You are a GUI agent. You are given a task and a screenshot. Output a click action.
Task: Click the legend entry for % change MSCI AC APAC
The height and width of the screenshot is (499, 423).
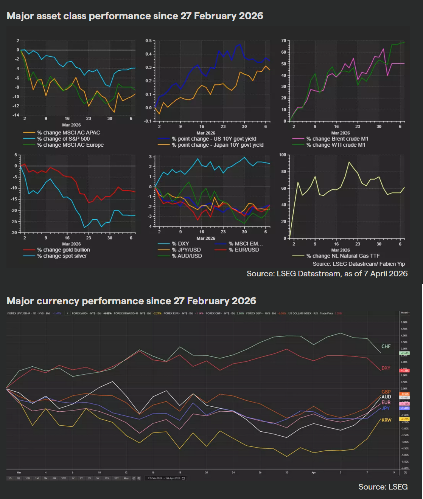(68, 133)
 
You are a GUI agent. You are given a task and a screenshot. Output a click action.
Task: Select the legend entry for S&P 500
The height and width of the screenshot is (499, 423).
(63, 139)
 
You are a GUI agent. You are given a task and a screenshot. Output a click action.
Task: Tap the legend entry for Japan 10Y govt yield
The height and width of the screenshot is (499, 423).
(218, 145)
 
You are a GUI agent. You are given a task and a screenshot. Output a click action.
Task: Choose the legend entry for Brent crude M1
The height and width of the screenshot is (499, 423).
(337, 139)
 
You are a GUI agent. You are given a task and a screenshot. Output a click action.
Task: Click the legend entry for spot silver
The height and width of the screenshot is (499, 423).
(62, 256)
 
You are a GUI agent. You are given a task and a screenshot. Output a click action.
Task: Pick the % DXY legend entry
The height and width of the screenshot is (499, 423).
(180, 244)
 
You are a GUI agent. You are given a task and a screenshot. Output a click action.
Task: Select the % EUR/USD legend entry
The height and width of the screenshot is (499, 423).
(244, 250)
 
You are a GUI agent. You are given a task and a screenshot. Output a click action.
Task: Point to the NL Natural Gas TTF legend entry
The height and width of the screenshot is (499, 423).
(343, 256)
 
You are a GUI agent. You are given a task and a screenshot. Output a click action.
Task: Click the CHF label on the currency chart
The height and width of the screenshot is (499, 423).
(386, 346)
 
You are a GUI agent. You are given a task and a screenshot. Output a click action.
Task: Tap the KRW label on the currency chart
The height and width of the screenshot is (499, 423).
(386, 420)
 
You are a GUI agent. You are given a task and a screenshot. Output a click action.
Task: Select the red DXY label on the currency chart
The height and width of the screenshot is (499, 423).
(386, 368)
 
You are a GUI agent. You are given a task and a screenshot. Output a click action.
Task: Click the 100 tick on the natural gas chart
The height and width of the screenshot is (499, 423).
(283, 155)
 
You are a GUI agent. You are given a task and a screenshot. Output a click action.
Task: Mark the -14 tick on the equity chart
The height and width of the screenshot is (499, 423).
(16, 115)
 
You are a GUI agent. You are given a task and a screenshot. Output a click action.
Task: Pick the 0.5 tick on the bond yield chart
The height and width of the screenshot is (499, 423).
(149, 41)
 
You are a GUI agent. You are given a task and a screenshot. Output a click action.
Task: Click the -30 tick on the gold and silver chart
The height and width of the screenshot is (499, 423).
(14, 232)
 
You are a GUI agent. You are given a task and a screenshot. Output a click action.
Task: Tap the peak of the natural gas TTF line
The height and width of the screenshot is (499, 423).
(349, 162)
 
